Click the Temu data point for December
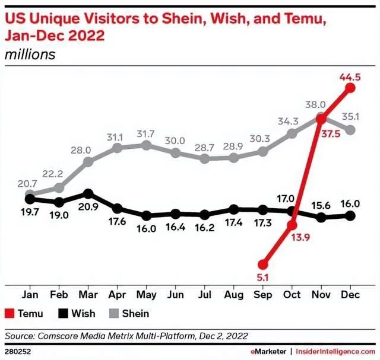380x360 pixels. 350,88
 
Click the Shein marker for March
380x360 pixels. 88,161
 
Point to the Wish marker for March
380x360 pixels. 88,193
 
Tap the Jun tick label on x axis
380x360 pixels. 175,294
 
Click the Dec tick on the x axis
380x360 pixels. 350,294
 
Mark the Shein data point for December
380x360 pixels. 350,130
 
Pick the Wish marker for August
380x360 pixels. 233,209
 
